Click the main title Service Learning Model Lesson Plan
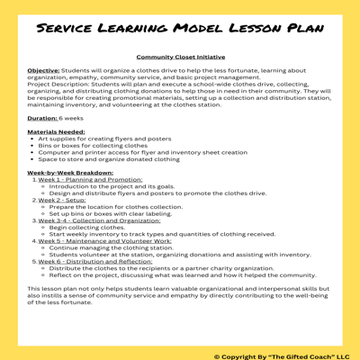180,29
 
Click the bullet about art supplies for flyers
106,139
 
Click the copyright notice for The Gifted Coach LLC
274,353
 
